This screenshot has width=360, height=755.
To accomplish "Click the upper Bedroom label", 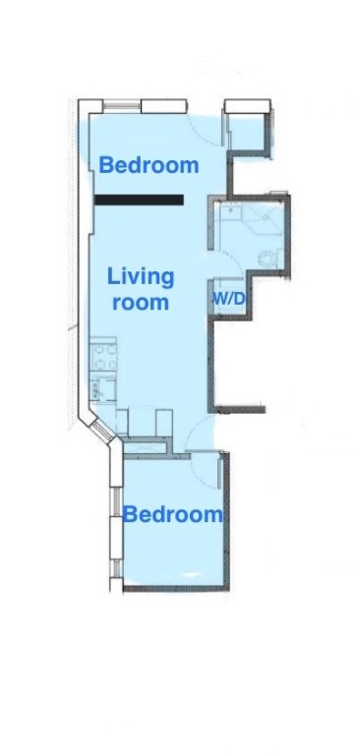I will pyautogui.click(x=149, y=165).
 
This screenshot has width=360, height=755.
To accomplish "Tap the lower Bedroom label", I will pyautogui.click(x=172, y=514).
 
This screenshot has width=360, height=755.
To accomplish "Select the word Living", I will pyautogui.click(x=141, y=277).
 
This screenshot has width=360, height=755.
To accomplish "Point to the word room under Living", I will pyautogui.click(x=141, y=303).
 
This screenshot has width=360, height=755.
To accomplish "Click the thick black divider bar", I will pyautogui.click(x=140, y=200).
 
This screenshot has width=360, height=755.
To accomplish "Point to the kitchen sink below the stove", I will pyautogui.click(x=101, y=385).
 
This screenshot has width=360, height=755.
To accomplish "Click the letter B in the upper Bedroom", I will pyautogui.click(x=105, y=165).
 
